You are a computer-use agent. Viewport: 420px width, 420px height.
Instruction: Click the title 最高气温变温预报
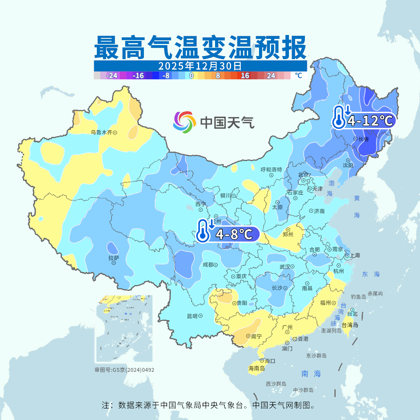point(201,47)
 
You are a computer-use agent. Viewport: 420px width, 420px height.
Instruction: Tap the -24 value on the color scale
point(112,75)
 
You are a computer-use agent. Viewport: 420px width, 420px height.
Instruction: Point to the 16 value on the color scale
point(245,75)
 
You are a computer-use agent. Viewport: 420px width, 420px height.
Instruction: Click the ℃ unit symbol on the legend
point(298,75)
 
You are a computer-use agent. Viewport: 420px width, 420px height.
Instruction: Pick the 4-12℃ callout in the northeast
point(364,121)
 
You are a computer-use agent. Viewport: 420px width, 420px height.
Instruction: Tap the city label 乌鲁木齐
point(101,132)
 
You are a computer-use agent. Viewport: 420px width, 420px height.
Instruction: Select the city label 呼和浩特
point(271,170)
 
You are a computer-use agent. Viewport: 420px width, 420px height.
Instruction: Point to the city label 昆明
point(192,316)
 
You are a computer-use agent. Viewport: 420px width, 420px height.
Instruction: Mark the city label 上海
point(355,255)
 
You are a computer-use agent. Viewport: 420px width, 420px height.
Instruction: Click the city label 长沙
point(276,288)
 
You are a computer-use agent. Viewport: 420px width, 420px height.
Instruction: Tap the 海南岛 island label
point(257,368)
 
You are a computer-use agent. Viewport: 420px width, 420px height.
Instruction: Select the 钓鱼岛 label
point(358,297)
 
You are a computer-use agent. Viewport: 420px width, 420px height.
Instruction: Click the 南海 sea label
point(311,374)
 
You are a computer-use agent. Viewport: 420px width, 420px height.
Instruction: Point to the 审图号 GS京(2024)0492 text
point(124,370)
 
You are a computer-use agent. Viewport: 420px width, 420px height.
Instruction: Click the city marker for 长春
point(355,139)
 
